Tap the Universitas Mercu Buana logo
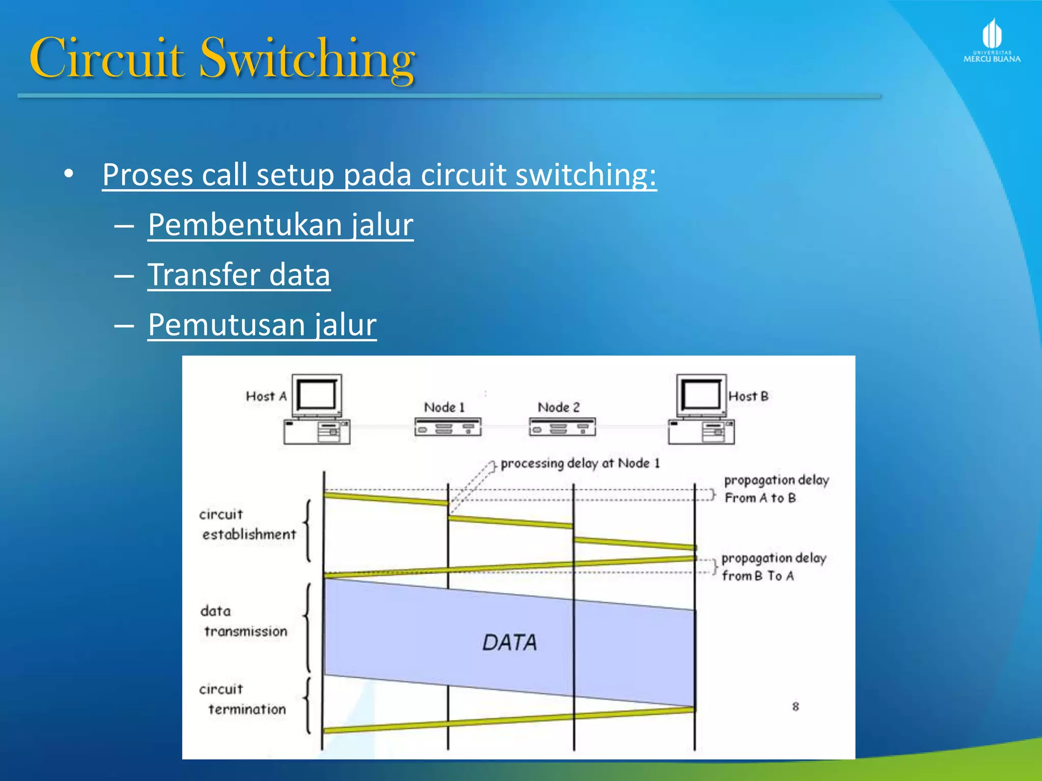point(992,41)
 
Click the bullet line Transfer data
point(239,275)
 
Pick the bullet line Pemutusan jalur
point(262,324)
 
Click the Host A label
point(266,396)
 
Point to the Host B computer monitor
point(701,396)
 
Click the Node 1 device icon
point(448,427)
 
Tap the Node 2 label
point(558,407)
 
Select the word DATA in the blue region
point(509,643)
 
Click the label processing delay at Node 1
point(580,463)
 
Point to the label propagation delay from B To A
point(773,566)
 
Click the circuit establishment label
point(247,524)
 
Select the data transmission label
point(245,621)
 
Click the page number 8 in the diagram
point(795,706)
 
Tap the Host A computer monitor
point(316,396)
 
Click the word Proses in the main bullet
point(148,174)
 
